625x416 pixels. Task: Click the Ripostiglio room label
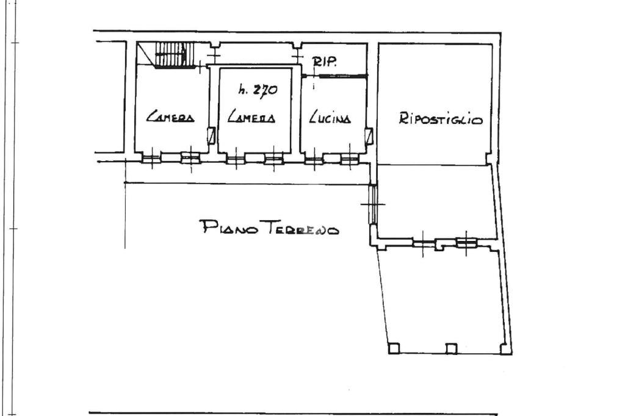[441, 119]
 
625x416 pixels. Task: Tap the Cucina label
[330, 117]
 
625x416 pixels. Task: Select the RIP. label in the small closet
[325, 62]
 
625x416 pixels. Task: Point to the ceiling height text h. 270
[258, 90]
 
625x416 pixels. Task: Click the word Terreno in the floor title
[302, 228]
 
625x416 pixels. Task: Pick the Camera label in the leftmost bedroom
[170, 116]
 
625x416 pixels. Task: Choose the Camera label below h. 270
[251, 117]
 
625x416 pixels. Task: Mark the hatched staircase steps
[174, 54]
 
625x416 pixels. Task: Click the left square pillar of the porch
[394, 348]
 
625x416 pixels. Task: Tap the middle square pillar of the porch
[451, 348]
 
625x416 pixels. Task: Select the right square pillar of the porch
[506, 349]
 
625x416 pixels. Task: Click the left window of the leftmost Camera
[151, 158]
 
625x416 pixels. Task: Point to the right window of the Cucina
[350, 159]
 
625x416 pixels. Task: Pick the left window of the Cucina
[314, 159]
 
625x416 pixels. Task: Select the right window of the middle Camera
[274, 159]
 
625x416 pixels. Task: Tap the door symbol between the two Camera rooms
[212, 136]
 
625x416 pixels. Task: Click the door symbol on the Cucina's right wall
[369, 136]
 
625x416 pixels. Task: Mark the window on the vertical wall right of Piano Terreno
[373, 204]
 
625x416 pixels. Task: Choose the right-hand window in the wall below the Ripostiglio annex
[466, 242]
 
